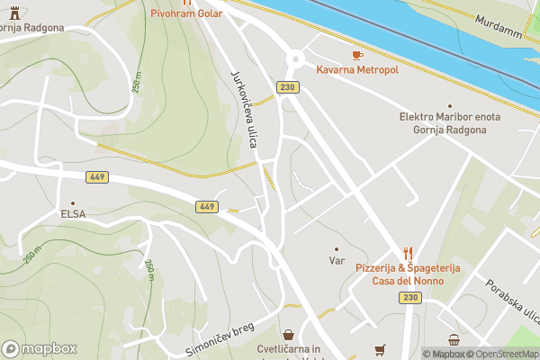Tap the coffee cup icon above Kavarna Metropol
[x=357, y=55]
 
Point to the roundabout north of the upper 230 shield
[x=294, y=59]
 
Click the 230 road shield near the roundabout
[x=287, y=86]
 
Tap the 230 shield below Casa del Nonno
[x=411, y=298]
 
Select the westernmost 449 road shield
[x=97, y=177]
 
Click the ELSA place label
[x=73, y=215]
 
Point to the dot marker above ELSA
[x=73, y=202]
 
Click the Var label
[x=337, y=261]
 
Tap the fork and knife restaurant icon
[x=408, y=254]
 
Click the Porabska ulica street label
[x=510, y=301]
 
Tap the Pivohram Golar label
[x=186, y=13]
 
